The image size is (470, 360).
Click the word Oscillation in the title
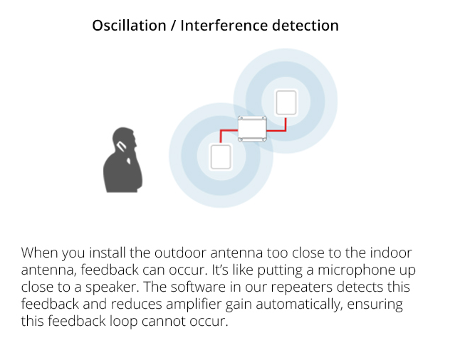129,25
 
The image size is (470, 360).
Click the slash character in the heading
173,26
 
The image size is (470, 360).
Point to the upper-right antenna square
286,102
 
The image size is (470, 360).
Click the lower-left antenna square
221,157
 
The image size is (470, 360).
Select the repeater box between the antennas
252,129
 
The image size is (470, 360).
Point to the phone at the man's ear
122,146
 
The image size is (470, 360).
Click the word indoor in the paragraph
390,253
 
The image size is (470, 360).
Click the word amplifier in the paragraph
193,305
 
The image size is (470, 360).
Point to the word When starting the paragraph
39,253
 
